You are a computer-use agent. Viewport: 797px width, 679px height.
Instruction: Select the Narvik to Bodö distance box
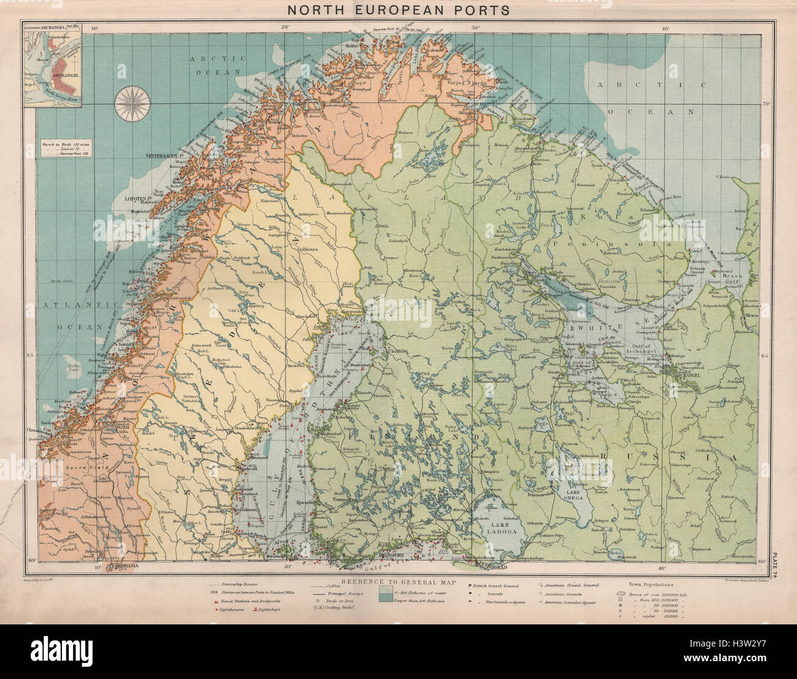(66, 150)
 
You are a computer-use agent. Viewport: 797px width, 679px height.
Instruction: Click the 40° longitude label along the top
(665, 28)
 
